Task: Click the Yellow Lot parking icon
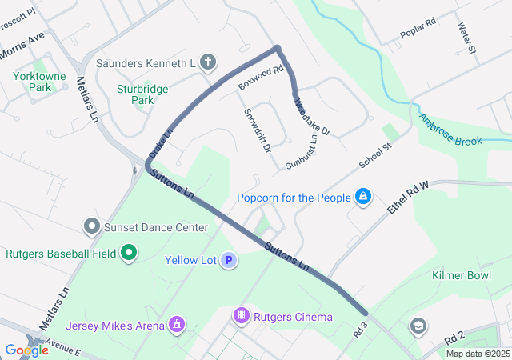coord(230,260)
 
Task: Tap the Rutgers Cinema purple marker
coord(241,317)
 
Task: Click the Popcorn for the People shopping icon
coord(363,197)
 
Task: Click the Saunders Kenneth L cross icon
coord(207,62)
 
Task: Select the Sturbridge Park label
coord(134,95)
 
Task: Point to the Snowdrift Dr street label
coord(258,130)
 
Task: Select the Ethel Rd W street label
coord(409,196)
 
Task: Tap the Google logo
coord(26,350)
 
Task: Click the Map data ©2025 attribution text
coord(477,354)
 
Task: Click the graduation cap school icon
coord(417,326)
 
